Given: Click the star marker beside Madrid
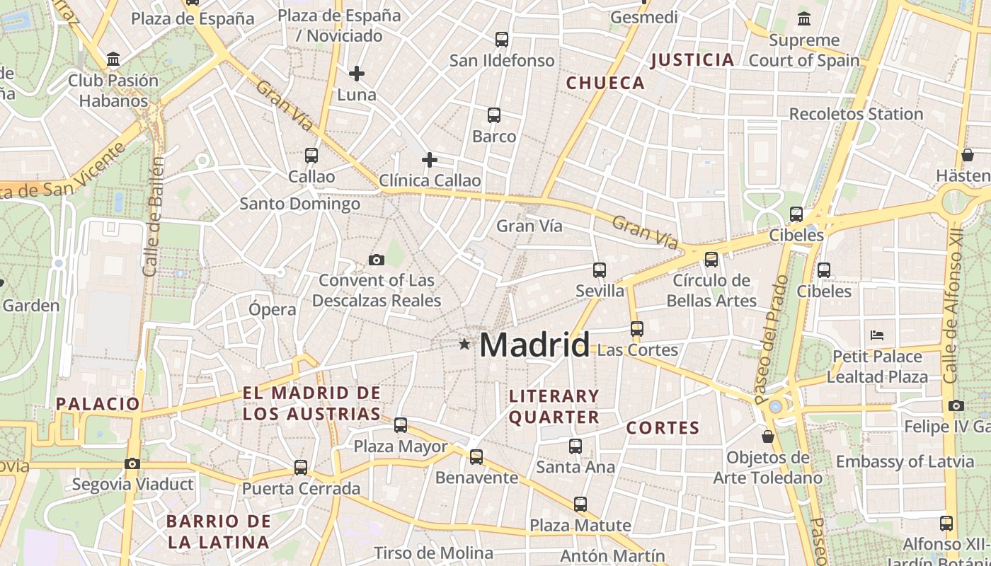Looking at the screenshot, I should (464, 345).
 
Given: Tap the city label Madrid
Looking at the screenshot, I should (534, 345).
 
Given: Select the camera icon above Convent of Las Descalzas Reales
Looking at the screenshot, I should (377, 260).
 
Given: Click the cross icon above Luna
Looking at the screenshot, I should (357, 73).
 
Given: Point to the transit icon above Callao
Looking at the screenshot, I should (311, 156).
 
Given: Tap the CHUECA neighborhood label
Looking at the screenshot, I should (605, 83).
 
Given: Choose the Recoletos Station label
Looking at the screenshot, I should (856, 114).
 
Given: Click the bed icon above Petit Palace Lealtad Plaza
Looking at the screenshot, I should (877, 335).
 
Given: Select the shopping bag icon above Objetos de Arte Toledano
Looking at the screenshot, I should (767, 437).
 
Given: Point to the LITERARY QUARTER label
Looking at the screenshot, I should (554, 407).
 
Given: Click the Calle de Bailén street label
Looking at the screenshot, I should (154, 216).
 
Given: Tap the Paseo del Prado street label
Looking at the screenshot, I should (772, 339).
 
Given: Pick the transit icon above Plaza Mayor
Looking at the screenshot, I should (401, 425).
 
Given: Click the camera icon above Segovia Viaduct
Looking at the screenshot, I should (132, 464).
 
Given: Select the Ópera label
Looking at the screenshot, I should (273, 309).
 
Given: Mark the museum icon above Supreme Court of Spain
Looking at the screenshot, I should (804, 19).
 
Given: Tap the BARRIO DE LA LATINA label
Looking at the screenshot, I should (219, 532).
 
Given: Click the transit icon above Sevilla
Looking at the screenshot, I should (600, 270).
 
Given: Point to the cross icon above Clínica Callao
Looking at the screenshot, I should (429, 160).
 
